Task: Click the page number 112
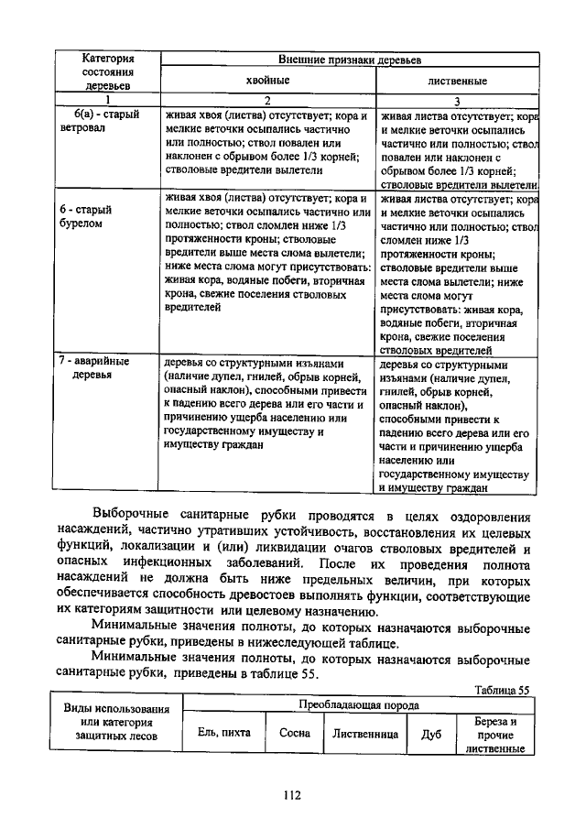coord(292,795)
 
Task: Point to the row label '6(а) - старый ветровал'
coord(103,121)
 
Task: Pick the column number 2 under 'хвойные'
coord(268,100)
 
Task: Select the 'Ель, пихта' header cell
coord(223,733)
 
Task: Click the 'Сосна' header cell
coord(295,733)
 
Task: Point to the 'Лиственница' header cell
coord(365,733)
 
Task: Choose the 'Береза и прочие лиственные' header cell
coord(495,734)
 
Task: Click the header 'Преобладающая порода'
coord(358,705)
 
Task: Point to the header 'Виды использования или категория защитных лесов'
coord(116,723)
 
